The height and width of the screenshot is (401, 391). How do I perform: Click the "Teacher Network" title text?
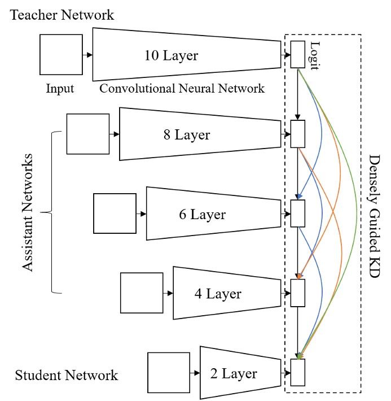(61, 15)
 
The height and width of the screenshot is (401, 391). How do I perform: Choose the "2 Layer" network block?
(239, 373)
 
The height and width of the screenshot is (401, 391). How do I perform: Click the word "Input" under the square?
(60, 89)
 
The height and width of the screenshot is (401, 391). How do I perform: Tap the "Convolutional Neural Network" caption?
(181, 89)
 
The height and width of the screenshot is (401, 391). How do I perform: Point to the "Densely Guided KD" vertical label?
(374, 212)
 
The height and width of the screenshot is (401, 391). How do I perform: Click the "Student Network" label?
(67, 375)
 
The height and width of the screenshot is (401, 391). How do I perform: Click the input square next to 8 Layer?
(87, 134)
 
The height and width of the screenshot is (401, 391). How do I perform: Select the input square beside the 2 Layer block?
(168, 373)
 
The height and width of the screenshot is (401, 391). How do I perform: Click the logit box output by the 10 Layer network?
(297, 55)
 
